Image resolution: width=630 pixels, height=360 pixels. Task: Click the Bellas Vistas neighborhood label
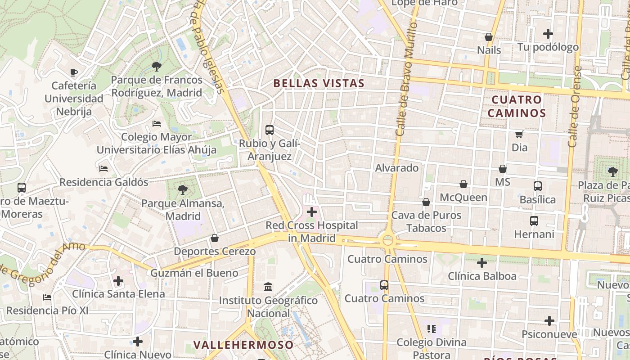point(319,83)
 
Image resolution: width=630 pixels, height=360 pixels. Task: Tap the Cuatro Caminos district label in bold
point(517,106)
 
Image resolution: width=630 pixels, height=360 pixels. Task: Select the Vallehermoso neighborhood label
point(243,345)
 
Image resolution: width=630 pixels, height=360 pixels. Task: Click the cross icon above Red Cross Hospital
point(311,211)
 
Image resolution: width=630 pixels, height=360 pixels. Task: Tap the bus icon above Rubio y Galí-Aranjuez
point(269,130)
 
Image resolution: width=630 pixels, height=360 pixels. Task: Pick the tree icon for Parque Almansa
point(182,190)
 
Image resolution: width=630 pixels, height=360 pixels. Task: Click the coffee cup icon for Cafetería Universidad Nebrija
point(74,72)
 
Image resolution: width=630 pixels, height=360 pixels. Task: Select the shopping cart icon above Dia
point(519,134)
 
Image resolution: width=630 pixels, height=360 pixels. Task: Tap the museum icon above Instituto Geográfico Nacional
point(268,287)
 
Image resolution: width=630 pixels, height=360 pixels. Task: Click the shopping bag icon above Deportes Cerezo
point(215,238)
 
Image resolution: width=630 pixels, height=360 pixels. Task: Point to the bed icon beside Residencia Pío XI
point(47,297)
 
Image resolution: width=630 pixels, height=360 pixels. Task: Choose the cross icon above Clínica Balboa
point(481,262)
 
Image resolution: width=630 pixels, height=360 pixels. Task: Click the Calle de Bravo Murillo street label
point(407,79)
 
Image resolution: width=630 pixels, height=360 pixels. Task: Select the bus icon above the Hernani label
point(534,221)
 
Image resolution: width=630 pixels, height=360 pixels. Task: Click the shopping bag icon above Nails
point(488,37)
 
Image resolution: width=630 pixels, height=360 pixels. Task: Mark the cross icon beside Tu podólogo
point(548,34)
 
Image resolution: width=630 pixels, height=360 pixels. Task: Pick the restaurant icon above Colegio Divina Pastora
point(432,329)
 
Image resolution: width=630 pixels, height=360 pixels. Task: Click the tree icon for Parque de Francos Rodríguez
point(156,67)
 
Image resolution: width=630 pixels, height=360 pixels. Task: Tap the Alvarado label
point(397,168)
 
